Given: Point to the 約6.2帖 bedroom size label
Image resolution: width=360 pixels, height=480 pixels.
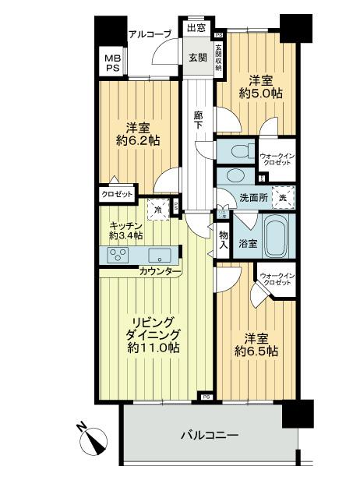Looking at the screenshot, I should click(x=133, y=141).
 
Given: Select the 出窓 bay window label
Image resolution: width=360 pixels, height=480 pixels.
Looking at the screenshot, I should click(x=196, y=30).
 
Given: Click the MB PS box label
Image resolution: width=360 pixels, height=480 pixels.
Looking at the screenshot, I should click(x=112, y=62).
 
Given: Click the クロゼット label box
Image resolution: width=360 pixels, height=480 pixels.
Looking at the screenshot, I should click(x=116, y=195).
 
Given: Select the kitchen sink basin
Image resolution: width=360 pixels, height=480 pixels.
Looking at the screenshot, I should click(x=160, y=254).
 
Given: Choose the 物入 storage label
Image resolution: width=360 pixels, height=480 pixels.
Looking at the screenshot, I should click(x=223, y=239).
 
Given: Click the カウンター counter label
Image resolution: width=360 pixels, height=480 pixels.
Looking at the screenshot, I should click(x=159, y=272).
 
